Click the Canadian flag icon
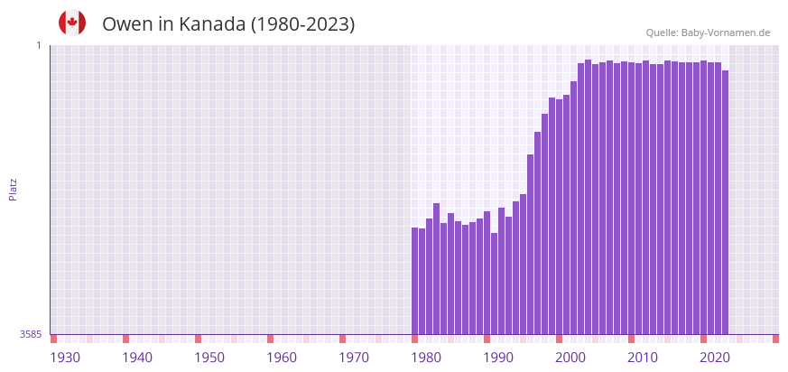click(72, 23)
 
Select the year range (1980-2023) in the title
click(302, 24)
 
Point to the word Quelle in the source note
click(662, 33)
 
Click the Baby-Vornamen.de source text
click(726, 33)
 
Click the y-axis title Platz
click(13, 189)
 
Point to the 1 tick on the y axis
click(39, 45)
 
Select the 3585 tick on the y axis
click(31, 334)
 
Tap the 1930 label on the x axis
click(65, 358)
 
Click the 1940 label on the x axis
click(137, 358)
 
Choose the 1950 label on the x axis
click(209, 358)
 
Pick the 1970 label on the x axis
click(354, 358)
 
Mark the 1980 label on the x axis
click(426, 358)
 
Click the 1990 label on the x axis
click(498, 358)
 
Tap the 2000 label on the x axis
click(570, 358)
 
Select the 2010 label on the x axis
click(643, 358)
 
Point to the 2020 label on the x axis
click(715, 358)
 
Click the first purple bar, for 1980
click(415, 281)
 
